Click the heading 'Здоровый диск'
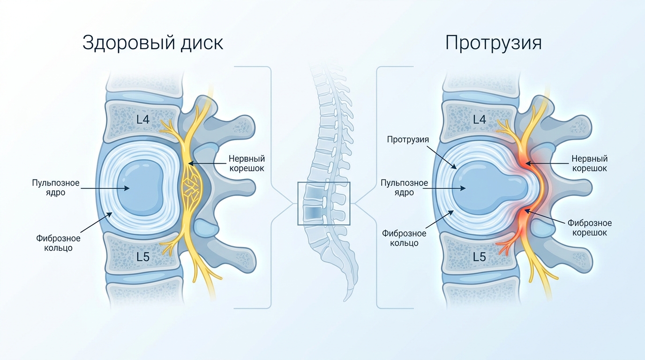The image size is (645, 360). pyautogui.click(x=153, y=44)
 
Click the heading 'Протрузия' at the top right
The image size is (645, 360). pyautogui.click(x=493, y=43)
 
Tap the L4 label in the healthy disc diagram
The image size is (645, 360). pyautogui.click(x=143, y=119)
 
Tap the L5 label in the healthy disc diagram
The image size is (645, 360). pyautogui.click(x=143, y=256)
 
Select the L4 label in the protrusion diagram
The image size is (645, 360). pyautogui.click(x=480, y=119)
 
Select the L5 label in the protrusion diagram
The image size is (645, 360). pyautogui.click(x=480, y=256)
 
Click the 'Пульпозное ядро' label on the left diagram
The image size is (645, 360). pyautogui.click(x=56, y=187)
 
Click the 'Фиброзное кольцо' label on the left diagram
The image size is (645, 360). pyautogui.click(x=58, y=243)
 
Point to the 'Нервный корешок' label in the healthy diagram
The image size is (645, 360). pyautogui.click(x=247, y=163)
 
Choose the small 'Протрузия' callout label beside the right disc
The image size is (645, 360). pyautogui.click(x=408, y=140)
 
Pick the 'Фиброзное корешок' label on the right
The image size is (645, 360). pyautogui.click(x=589, y=227)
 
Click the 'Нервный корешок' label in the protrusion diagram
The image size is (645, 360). pyautogui.click(x=589, y=163)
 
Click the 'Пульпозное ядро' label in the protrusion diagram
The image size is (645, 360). pyautogui.click(x=404, y=187)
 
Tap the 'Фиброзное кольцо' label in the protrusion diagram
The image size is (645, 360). pyautogui.click(x=404, y=238)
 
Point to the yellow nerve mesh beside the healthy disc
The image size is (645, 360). pyautogui.click(x=191, y=187)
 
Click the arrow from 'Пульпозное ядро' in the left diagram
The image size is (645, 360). pyautogui.click(x=105, y=188)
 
